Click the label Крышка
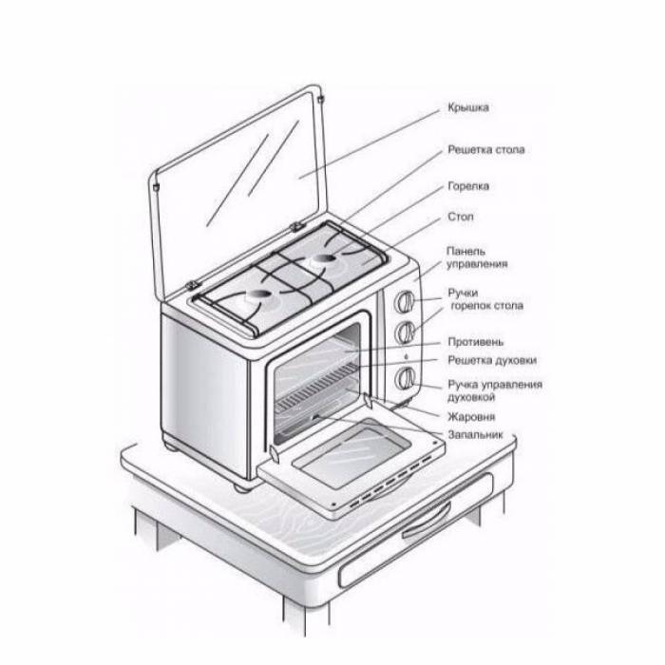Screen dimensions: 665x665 click(x=468, y=107)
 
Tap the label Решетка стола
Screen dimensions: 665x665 click(x=486, y=150)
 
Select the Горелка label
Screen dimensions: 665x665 click(x=468, y=186)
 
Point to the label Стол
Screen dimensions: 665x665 click(x=460, y=217)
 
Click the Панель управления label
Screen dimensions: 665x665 click(x=477, y=257)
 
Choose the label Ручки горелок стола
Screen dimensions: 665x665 click(x=485, y=299)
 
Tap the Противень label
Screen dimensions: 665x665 click(x=475, y=342)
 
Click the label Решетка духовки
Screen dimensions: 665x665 click(x=492, y=360)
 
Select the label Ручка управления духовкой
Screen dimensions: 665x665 click(x=495, y=391)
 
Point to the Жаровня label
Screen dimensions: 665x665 click(x=471, y=417)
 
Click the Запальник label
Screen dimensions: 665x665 click(x=475, y=435)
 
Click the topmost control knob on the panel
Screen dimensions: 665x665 click(x=404, y=301)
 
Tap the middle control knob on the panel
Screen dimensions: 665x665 click(x=404, y=332)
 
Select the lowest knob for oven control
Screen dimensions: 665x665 click(x=405, y=378)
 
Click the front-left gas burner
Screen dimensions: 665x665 click(x=259, y=295)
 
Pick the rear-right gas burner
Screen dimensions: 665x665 click(x=326, y=258)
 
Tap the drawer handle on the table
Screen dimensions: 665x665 click(x=427, y=520)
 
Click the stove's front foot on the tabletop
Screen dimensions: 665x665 click(x=241, y=486)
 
